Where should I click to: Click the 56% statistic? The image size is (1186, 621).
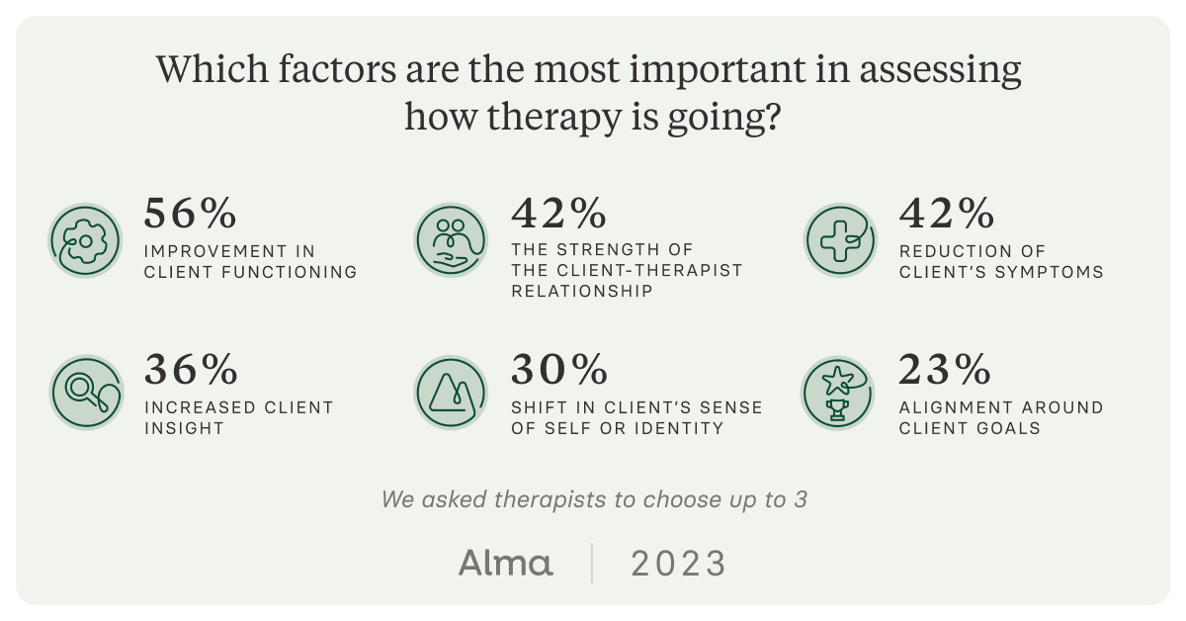pos(191,213)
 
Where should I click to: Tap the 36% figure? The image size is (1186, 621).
pos(191,370)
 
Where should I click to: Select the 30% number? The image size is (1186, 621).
pos(558,370)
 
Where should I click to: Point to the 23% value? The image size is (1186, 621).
pos(945,370)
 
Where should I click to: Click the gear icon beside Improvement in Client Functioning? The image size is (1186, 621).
pos(86,240)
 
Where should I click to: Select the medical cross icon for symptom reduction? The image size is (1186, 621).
pos(839,240)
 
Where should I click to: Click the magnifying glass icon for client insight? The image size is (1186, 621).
pos(86,393)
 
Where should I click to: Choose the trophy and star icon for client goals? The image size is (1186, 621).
pos(839,393)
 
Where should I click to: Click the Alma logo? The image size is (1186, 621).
pos(505,564)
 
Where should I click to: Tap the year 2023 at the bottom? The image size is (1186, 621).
pos(678,564)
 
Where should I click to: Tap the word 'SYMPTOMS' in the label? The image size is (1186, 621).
pos(1052,272)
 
